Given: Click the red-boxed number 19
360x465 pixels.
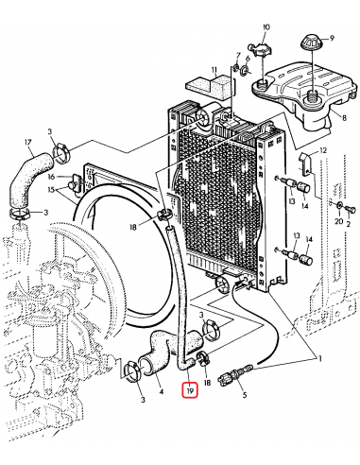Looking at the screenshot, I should (190, 388).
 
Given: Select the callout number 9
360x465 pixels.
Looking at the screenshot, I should (331, 40).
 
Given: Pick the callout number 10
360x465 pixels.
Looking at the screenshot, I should (266, 26).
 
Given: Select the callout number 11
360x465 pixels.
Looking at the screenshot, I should (215, 69).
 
